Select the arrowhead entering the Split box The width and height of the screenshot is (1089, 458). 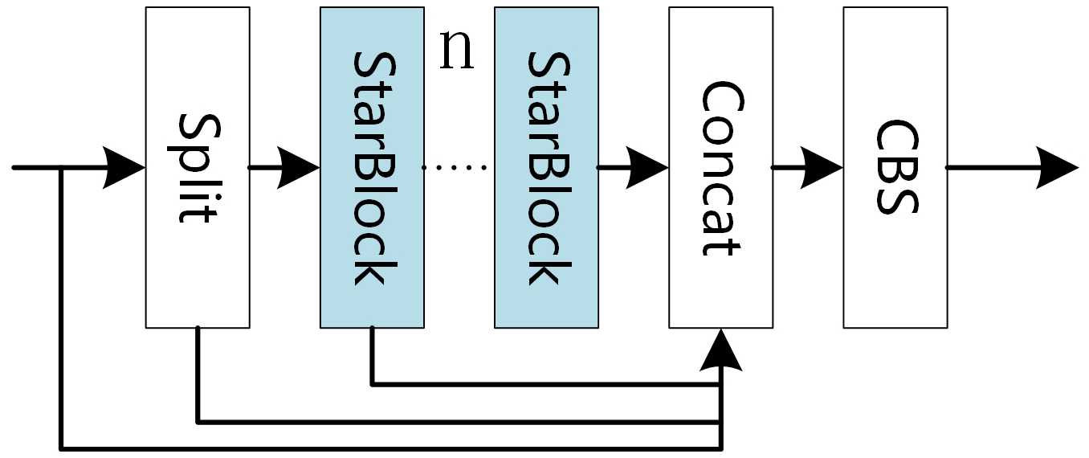click(x=124, y=168)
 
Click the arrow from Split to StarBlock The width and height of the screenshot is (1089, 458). click(x=293, y=168)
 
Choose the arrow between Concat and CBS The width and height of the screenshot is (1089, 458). click(x=815, y=168)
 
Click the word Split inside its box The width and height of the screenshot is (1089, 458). click(x=197, y=168)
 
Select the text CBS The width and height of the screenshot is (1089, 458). click(x=895, y=168)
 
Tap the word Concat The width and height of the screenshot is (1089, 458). click(x=720, y=168)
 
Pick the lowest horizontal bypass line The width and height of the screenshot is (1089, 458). click(x=385, y=447)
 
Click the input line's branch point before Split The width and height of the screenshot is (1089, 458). click(x=61, y=168)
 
